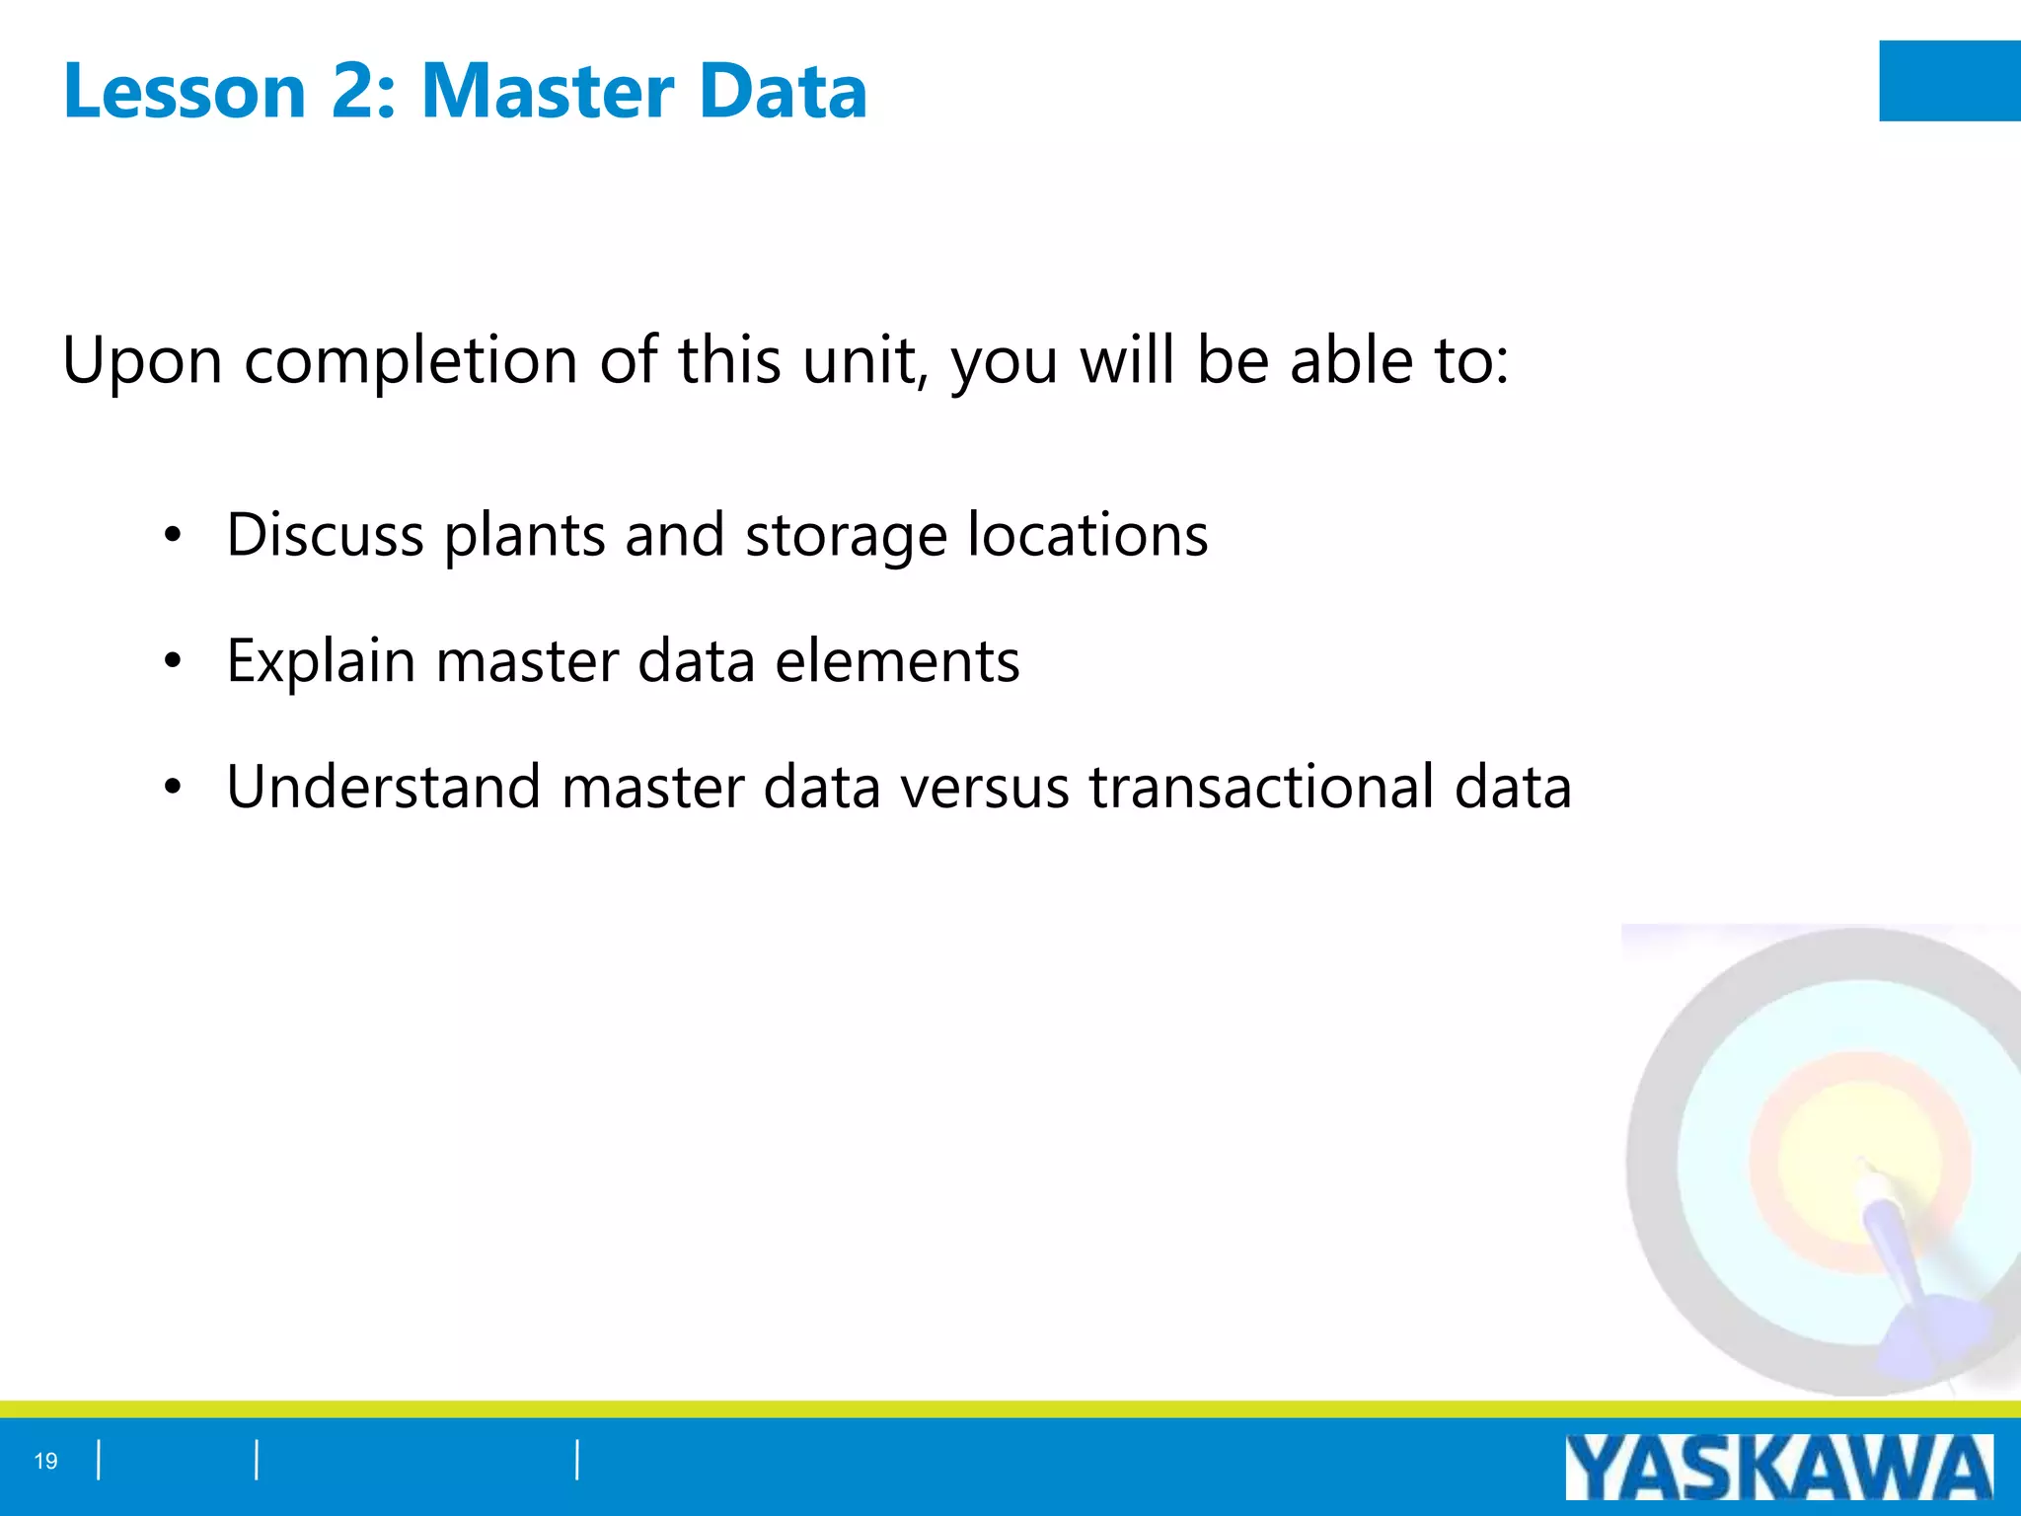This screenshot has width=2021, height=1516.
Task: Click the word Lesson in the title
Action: (185, 91)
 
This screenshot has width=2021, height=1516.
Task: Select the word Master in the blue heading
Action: (547, 91)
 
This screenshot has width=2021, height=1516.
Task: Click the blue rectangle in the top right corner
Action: (1949, 81)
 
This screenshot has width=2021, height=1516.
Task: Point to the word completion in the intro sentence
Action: (411, 361)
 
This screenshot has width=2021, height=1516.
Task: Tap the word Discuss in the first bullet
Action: (325, 535)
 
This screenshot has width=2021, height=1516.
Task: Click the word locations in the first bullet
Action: (1087, 535)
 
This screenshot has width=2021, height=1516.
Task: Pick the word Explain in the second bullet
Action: (321, 661)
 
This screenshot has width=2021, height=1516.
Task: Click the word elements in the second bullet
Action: (897, 661)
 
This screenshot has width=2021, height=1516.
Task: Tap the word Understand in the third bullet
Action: (383, 787)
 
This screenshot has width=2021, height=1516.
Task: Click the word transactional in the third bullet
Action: (1262, 787)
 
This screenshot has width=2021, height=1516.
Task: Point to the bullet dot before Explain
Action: (174, 661)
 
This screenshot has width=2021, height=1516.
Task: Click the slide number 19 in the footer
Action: (45, 1461)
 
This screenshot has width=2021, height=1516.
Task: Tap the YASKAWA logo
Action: (1778, 1468)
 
